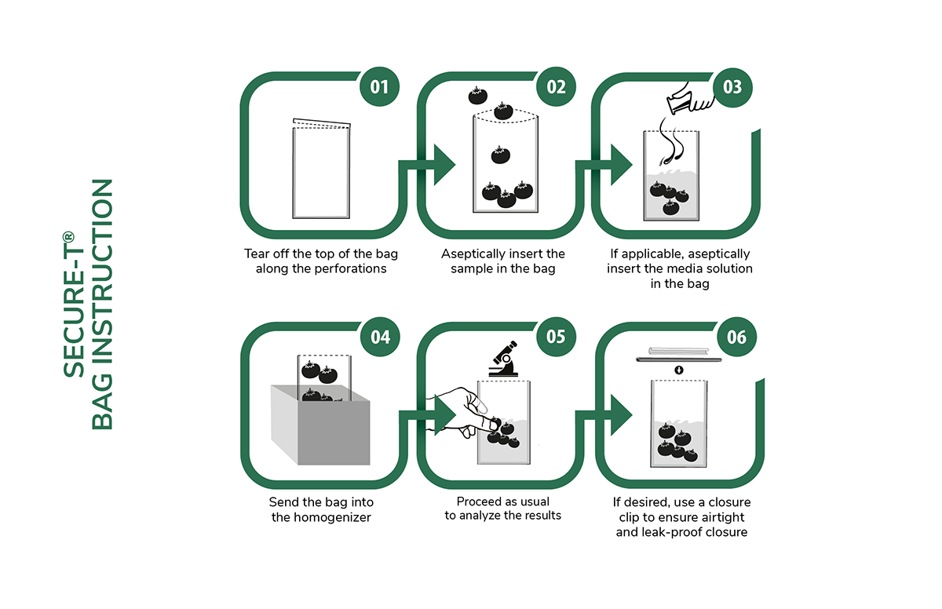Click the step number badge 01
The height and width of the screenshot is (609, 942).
click(x=379, y=86)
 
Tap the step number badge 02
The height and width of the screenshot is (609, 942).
click(x=556, y=86)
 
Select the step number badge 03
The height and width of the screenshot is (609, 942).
click(x=732, y=86)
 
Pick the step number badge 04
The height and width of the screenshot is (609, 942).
click(x=379, y=337)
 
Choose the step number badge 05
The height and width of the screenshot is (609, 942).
click(x=556, y=337)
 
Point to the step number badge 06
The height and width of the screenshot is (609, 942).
click(x=732, y=337)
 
